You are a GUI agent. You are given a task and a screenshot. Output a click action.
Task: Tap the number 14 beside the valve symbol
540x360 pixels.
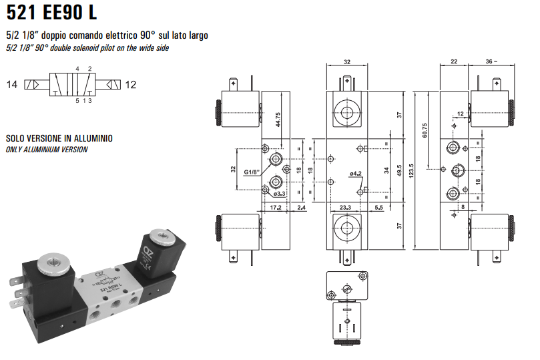click(x=12, y=85)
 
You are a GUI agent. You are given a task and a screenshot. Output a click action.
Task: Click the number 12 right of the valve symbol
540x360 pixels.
click(x=131, y=85)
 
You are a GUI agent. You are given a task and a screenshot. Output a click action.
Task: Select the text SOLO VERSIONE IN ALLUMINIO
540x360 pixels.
click(x=59, y=138)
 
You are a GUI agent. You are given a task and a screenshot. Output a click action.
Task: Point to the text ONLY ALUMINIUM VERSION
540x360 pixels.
click(x=47, y=150)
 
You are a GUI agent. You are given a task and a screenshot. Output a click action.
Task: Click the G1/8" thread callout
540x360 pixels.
click(x=251, y=172)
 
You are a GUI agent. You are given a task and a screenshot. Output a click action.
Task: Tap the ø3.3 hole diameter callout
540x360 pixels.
click(x=280, y=194)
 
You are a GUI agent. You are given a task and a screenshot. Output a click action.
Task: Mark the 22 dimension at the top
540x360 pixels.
click(x=454, y=61)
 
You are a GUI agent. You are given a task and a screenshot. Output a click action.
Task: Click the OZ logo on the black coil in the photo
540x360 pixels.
click(x=148, y=252)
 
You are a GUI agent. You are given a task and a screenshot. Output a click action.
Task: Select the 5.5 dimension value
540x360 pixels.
click(x=378, y=208)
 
